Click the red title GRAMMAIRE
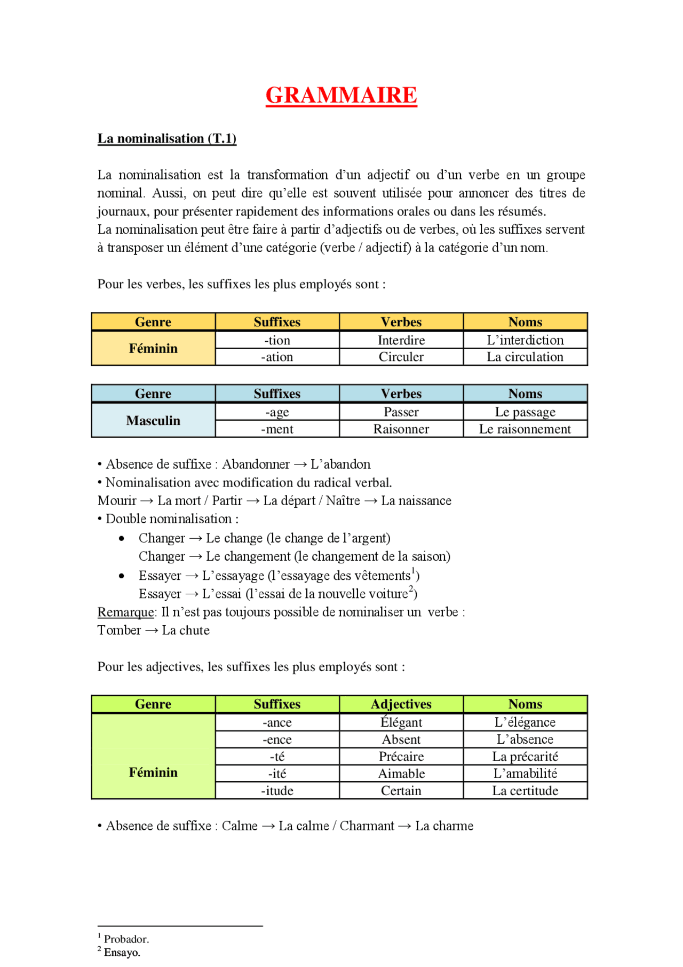pos(341,96)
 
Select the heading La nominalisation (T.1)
pos(166,139)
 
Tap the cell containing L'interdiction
pos(525,340)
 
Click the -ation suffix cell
pos(277,357)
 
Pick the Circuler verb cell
pos(401,357)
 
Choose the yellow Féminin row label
pos(153,349)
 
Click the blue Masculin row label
pos(153,421)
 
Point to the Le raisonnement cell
pos(525,429)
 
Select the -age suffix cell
pos(277,412)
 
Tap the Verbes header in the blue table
pos(401,394)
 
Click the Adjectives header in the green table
pos(401,704)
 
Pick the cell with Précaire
pos(401,757)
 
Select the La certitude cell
pos(525,791)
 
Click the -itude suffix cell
pos(277,791)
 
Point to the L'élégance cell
pos(525,722)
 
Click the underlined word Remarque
pos(126,612)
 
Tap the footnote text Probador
pos(126,939)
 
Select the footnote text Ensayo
pos(122,953)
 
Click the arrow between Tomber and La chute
pos(152,631)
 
